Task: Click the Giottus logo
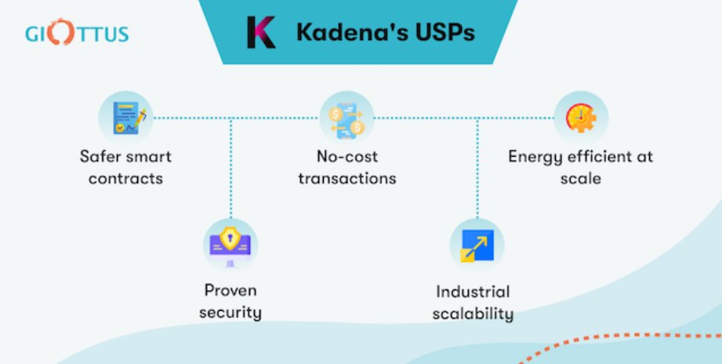click(x=77, y=35)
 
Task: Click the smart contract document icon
click(x=125, y=118)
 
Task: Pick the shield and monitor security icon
click(x=230, y=242)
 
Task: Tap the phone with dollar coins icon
click(x=346, y=118)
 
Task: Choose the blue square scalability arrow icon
click(x=477, y=245)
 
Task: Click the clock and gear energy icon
click(x=581, y=118)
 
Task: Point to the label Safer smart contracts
click(x=125, y=167)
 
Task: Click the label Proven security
click(x=230, y=301)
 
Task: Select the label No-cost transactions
click(x=346, y=167)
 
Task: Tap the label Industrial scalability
click(x=474, y=304)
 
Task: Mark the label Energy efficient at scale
click(x=580, y=167)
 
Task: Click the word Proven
click(x=230, y=291)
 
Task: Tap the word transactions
click(x=346, y=178)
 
